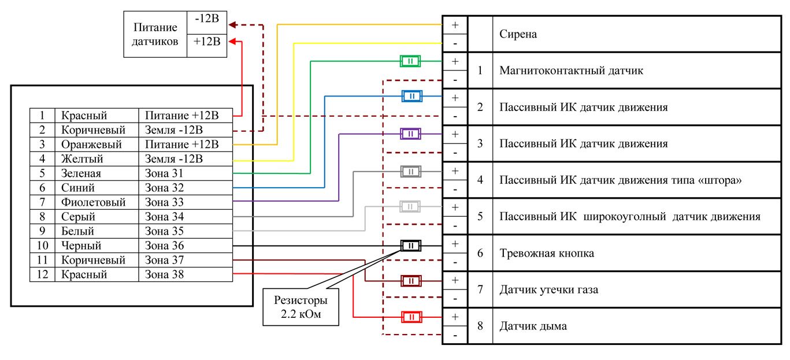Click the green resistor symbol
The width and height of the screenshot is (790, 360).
[410, 61]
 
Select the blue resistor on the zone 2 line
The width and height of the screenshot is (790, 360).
[411, 97]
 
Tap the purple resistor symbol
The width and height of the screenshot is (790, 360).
[410, 134]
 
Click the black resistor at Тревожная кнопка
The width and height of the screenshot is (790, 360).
[411, 246]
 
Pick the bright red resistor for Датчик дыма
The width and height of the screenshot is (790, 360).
[410, 317]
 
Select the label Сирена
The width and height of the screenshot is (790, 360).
[518, 34]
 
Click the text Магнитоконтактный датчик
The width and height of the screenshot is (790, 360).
[571, 70]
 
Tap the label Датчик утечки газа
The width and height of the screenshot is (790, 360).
[548, 290]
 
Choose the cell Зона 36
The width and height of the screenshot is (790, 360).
[165, 246]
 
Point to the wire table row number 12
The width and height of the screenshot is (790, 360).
[42, 274]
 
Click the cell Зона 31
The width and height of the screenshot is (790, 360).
[165, 173]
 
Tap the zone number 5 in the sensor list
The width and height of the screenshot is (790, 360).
[480, 217]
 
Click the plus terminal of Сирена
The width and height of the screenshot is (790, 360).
[455, 25]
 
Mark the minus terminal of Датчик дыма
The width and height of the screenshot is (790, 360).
[455, 335]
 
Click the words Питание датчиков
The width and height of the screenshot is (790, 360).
[155, 35]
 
